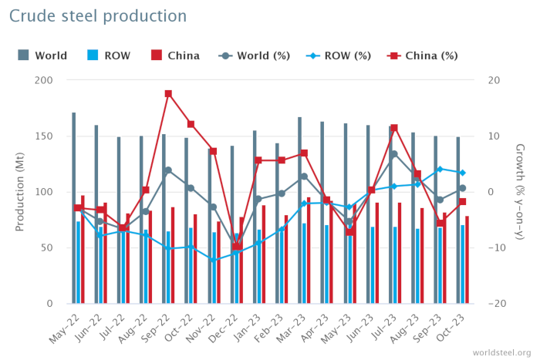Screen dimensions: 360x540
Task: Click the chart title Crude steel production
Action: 98,16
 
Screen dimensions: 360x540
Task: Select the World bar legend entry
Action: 42,56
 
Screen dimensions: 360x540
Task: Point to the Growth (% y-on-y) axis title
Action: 520,192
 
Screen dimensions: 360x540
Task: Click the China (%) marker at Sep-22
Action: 168,94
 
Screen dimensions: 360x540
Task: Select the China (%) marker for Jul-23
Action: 394,128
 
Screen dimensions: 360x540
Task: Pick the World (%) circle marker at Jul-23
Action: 394,154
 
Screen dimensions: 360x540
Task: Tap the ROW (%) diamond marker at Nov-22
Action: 213,260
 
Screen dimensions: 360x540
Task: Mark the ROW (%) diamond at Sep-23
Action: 440,169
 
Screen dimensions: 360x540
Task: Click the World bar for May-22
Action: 74,208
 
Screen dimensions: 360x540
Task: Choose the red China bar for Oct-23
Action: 467,260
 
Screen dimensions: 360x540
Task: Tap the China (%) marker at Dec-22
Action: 236,247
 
